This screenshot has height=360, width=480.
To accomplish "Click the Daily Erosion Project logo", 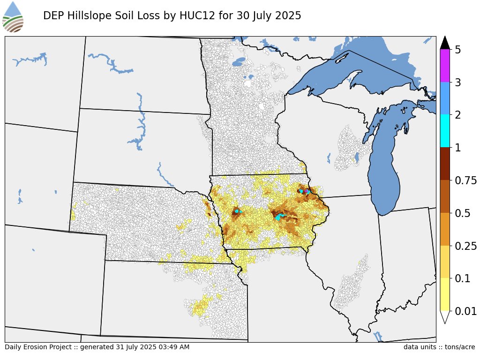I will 13,17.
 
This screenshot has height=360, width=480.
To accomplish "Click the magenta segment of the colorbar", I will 445,66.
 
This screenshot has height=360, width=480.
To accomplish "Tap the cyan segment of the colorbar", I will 445,131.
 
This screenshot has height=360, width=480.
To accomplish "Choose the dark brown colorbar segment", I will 445,164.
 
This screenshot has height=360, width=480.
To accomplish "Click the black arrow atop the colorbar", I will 445,43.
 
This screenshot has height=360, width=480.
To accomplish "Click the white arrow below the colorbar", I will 445,317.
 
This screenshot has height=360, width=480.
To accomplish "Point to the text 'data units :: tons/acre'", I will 439,347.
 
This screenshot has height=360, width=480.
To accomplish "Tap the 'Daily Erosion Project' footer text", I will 36,347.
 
